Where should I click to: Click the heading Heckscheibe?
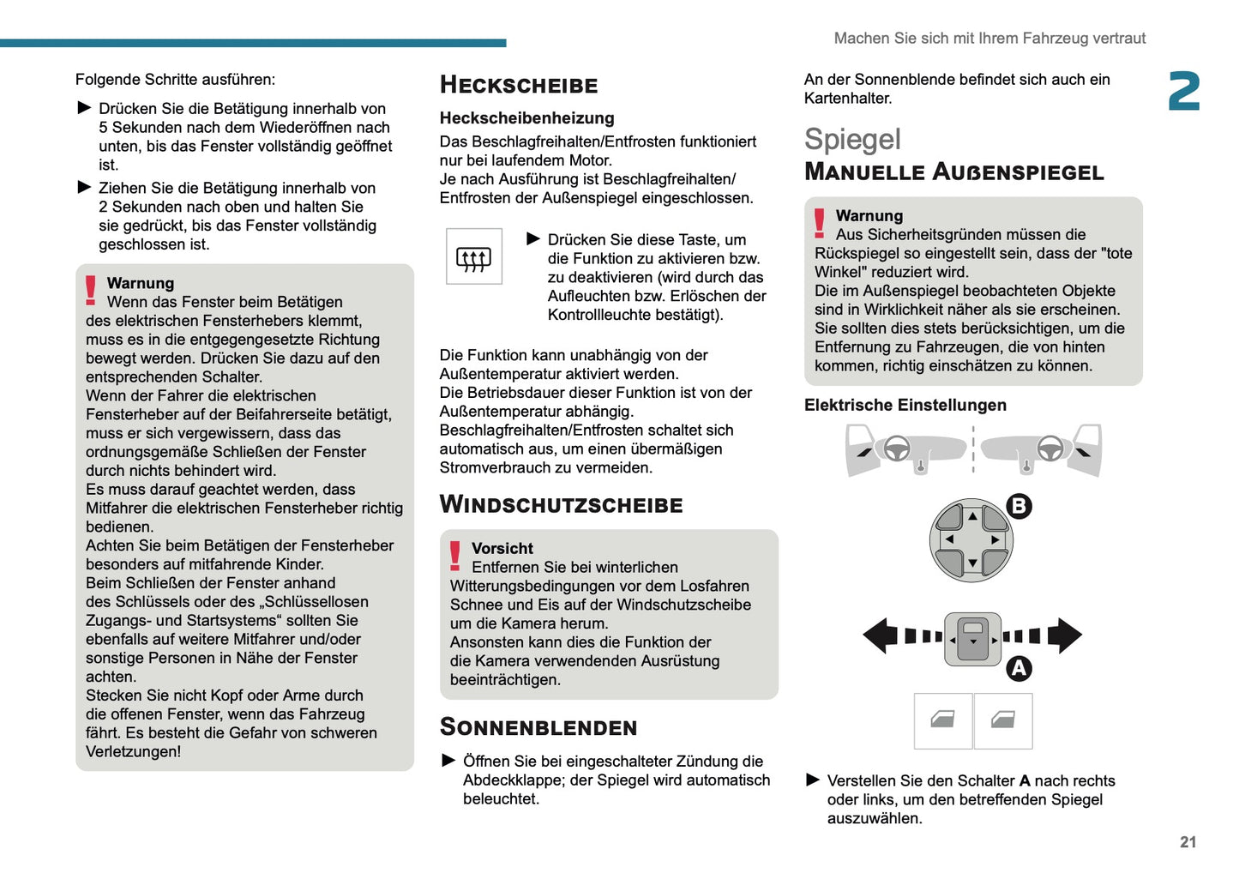pyautogui.click(x=518, y=85)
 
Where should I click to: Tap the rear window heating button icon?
pyautogui.click(x=473, y=256)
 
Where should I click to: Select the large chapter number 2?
pyautogui.click(x=1183, y=92)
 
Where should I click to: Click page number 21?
pyautogui.click(x=1188, y=842)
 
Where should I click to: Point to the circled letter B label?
pyautogui.click(x=1018, y=506)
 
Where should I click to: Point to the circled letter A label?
pyautogui.click(x=1018, y=668)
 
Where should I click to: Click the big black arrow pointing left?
pyautogui.click(x=880, y=635)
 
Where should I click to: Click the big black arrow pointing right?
pyautogui.click(x=1065, y=635)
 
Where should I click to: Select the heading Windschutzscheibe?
pyautogui.click(x=561, y=504)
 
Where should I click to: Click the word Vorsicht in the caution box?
pyautogui.click(x=502, y=548)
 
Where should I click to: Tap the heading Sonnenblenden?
pyautogui.click(x=538, y=727)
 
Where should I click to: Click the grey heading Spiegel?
pyautogui.click(x=851, y=139)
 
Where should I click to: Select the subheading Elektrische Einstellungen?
pyautogui.click(x=905, y=405)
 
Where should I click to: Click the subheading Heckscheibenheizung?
pyautogui.click(x=526, y=118)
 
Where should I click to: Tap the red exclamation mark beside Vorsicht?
pyautogui.click(x=454, y=556)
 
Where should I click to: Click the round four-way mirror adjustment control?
pyautogui.click(x=971, y=540)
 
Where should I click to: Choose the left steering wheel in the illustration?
pyautogui.click(x=896, y=449)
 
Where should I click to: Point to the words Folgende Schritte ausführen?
pyautogui.click(x=175, y=80)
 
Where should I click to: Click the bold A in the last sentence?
pyautogui.click(x=1024, y=780)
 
